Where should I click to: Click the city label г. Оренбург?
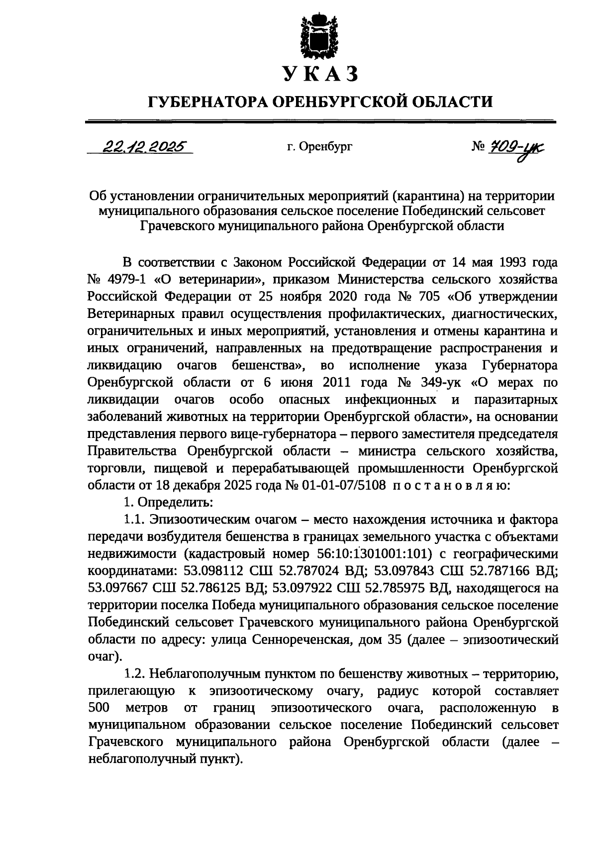point(319,147)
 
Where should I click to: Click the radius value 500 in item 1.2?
point(98,708)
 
